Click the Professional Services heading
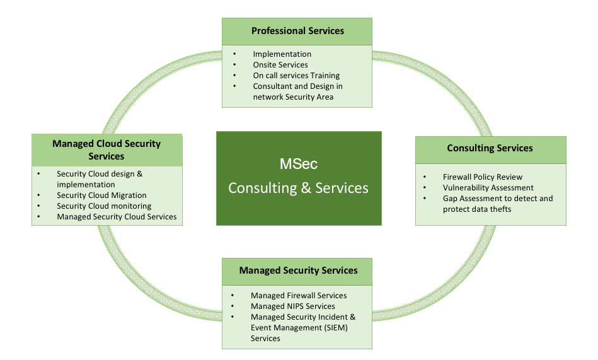(297, 31)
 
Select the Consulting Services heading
(490, 148)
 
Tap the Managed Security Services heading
(298, 270)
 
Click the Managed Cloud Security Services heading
(106, 149)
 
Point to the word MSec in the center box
(299, 165)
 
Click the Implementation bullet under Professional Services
(282, 54)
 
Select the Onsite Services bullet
(280, 65)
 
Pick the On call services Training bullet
(296, 76)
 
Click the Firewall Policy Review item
(482, 177)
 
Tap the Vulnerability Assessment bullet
(488, 188)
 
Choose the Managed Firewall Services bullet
(299, 296)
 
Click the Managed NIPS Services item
(292, 306)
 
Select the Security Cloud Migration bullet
(101, 195)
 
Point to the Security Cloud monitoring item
(104, 206)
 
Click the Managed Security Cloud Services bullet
(117, 217)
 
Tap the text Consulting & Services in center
(298, 188)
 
